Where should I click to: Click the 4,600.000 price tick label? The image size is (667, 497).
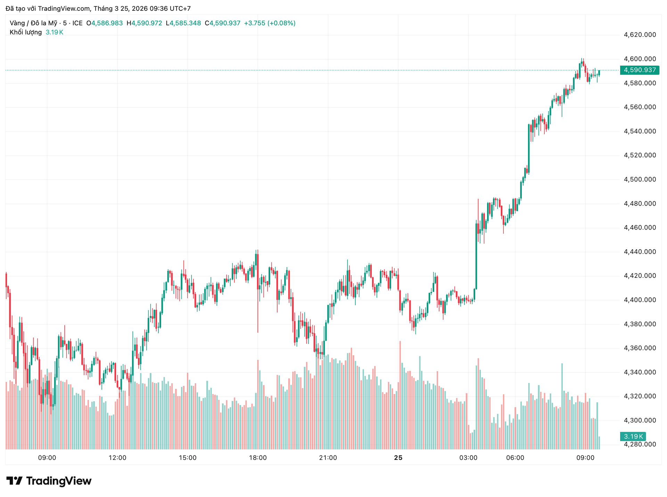640,59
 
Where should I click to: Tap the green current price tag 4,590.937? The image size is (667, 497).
640,70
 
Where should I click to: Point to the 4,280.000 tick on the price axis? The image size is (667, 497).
640,444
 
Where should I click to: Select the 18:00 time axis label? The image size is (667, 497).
258,458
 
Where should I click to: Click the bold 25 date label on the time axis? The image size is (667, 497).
398,458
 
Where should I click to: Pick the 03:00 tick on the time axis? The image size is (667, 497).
468,458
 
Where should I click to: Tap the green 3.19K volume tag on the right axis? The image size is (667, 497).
633,436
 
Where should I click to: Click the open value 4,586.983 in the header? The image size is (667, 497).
107,23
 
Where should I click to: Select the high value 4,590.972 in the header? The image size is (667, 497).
146,23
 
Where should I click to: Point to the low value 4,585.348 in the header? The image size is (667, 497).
185,23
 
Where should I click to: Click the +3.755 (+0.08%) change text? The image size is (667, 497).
270,23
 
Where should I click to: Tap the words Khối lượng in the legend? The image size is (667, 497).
26,32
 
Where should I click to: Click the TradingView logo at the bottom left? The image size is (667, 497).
49,481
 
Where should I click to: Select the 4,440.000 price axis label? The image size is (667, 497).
640,252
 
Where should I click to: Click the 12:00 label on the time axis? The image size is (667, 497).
117,458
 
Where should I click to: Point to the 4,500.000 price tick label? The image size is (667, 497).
640,179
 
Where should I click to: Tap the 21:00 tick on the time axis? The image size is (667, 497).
328,458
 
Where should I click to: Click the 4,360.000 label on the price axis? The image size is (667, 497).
640,348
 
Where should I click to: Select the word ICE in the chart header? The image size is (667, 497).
77,23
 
